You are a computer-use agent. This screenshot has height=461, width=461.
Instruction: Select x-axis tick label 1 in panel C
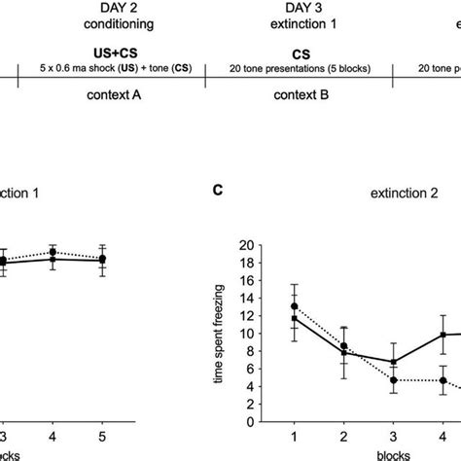295,434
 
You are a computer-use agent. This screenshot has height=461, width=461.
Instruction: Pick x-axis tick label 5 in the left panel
102,435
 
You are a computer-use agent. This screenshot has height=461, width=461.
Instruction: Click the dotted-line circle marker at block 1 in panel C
295,306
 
